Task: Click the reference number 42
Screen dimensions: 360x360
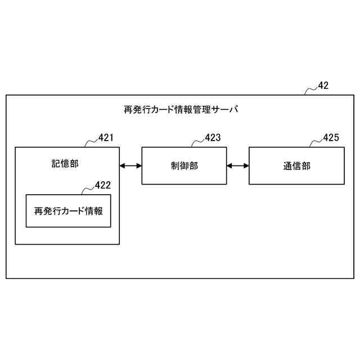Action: point(323,85)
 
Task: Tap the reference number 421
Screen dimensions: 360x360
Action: point(106,137)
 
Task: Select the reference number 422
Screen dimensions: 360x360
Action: point(102,184)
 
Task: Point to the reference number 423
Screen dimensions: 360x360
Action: point(213,137)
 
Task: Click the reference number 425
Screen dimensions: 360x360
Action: point(331,137)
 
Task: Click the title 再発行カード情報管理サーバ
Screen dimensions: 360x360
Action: point(181,110)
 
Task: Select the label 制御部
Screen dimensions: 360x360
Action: point(184,165)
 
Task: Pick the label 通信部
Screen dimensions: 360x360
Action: point(296,165)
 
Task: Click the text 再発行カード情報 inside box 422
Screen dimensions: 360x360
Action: point(68,211)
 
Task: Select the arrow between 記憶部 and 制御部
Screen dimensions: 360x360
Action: point(130,165)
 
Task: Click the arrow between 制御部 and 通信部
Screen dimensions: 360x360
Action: point(238,165)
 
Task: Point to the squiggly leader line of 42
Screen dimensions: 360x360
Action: point(310,90)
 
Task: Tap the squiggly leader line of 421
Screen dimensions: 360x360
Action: point(91,142)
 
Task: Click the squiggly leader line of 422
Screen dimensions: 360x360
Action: point(88,188)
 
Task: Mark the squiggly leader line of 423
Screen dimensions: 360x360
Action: point(198,142)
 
